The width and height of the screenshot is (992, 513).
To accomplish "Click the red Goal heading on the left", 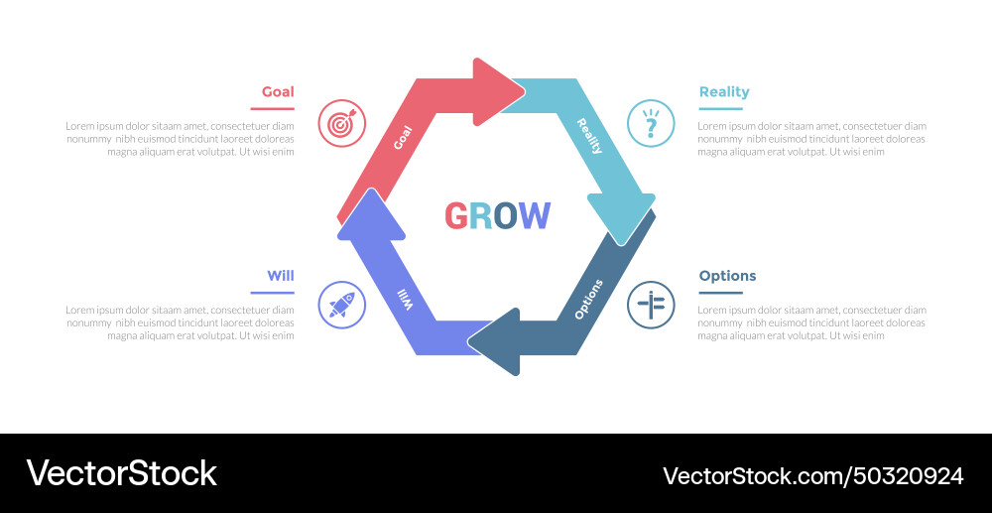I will (278, 92).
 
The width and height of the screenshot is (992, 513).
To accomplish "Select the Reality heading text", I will (724, 92).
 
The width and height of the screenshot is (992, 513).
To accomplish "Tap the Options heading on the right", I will (727, 276).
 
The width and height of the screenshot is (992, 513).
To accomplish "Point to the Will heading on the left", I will (280, 276).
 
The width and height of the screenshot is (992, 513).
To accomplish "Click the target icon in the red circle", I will (341, 124).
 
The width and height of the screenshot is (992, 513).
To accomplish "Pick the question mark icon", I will (651, 124).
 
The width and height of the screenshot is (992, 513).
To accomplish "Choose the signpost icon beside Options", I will (651, 305).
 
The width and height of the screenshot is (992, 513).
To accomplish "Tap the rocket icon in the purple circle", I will (341, 305).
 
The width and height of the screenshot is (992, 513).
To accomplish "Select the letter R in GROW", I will (481, 215).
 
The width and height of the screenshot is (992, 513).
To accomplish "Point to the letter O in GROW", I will (506, 215).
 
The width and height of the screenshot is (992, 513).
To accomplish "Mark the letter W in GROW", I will (535, 215).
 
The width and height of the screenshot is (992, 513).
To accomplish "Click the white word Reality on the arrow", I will (589, 136).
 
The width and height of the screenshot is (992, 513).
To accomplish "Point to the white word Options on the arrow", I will (588, 299).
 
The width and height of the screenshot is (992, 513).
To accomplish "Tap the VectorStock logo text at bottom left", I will (121, 473).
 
